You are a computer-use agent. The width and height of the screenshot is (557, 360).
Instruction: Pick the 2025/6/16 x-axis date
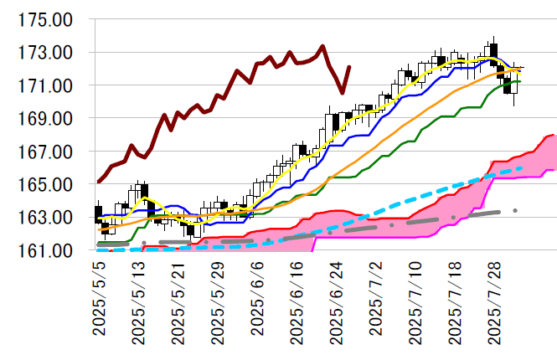tap(297, 301)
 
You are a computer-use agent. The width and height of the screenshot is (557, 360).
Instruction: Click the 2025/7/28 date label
tap(494, 301)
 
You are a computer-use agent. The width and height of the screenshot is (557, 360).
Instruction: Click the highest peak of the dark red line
tap(322, 46)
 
